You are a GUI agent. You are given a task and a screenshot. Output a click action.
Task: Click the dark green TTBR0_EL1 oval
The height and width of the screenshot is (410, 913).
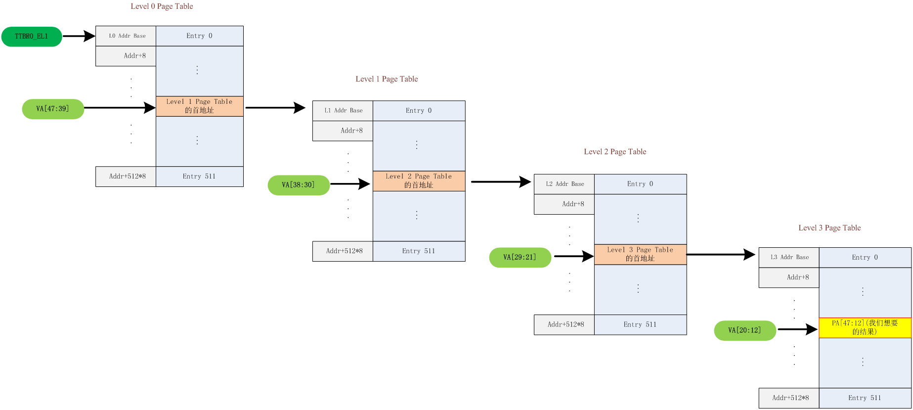(x=32, y=37)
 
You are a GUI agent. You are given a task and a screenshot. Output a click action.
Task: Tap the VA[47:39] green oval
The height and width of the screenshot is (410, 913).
(x=53, y=109)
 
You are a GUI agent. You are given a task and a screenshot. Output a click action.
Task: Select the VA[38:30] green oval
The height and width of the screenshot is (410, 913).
(x=299, y=185)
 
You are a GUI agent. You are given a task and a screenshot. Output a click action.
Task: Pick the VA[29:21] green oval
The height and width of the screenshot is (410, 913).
(x=520, y=257)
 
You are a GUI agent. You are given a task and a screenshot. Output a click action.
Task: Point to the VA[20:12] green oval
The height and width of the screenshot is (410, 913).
(x=745, y=330)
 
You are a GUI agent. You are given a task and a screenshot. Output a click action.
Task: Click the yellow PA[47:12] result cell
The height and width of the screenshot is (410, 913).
(x=865, y=327)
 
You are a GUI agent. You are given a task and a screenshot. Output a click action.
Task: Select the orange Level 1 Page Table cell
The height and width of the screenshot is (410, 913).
(x=199, y=106)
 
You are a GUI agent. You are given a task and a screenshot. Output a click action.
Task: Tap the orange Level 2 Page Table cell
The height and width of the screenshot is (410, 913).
(x=419, y=181)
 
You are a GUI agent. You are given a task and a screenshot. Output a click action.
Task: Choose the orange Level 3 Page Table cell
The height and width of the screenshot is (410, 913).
(x=640, y=254)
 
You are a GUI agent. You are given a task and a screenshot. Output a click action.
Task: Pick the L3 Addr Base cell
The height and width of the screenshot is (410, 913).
(x=789, y=257)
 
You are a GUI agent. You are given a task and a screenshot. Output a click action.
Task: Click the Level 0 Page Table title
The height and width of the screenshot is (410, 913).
(x=162, y=6)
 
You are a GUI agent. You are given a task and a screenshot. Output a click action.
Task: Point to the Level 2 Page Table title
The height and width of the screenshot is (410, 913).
(x=615, y=152)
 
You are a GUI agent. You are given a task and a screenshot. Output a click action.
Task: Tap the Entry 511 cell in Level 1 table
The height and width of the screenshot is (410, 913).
(x=419, y=251)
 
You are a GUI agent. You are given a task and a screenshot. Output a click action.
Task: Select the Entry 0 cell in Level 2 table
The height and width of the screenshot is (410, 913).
(x=640, y=184)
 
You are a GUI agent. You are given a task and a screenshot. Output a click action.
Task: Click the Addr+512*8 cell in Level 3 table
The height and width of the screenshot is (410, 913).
(x=789, y=398)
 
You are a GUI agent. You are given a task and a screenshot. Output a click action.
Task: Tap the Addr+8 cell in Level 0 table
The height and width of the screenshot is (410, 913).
(x=126, y=56)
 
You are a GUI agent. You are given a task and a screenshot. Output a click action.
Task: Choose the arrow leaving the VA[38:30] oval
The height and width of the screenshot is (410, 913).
(x=349, y=184)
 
